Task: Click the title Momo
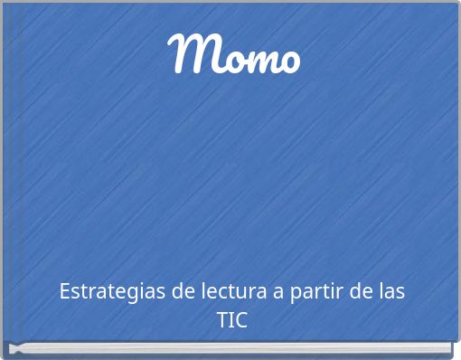(234, 55)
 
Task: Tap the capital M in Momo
(192, 53)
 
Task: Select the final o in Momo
(288, 60)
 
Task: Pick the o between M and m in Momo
(226, 60)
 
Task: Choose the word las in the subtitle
(390, 292)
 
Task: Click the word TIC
(231, 319)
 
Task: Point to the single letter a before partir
(281, 293)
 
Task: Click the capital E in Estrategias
(64, 292)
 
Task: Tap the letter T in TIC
(222, 319)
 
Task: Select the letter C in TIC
(241, 319)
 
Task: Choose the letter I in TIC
(231, 319)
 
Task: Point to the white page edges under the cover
(231, 348)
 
